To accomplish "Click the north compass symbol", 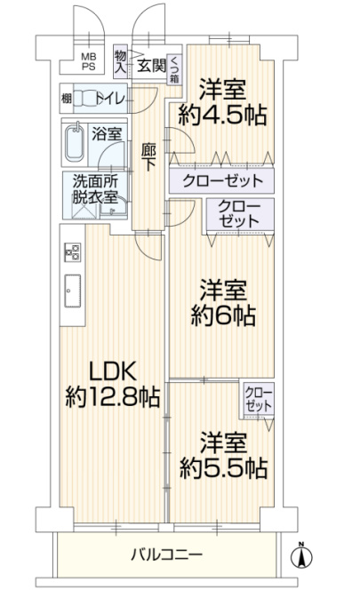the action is [x=301, y=555].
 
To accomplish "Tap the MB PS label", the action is [x=89, y=61].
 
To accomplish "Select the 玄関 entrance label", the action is [x=151, y=66].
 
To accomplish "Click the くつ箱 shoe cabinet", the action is [x=174, y=69].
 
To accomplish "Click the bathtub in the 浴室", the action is [x=75, y=143].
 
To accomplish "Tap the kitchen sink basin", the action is [x=72, y=291].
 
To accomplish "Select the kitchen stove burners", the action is [x=72, y=252].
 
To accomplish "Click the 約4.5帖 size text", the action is [x=222, y=115].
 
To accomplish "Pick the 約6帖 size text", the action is [x=223, y=315].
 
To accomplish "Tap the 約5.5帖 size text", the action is [x=223, y=467].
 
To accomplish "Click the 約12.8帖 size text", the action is [x=113, y=396].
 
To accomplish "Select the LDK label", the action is [x=113, y=371].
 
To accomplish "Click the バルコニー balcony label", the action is [x=166, y=554].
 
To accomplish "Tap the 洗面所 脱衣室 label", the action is [x=95, y=188].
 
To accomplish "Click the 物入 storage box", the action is [x=121, y=62].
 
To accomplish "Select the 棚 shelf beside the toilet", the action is [x=67, y=99].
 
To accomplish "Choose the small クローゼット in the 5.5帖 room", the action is [x=259, y=399].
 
